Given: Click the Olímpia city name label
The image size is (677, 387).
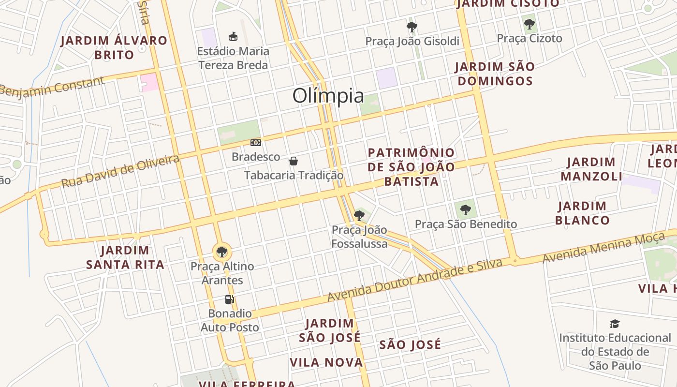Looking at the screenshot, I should (x=328, y=96).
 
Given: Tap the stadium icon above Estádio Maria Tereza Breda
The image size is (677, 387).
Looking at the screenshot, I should (x=233, y=36).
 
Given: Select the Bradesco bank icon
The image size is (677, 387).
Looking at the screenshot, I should (x=256, y=143).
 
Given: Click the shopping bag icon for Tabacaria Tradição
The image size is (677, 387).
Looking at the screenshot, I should (x=294, y=161).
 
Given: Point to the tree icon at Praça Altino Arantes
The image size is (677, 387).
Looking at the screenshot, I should (x=222, y=252).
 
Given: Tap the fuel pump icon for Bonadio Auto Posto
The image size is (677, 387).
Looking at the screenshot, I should (x=230, y=299).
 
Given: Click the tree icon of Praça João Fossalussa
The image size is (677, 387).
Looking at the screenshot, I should (x=359, y=215).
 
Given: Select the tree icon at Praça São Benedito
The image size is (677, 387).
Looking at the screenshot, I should (x=466, y=210).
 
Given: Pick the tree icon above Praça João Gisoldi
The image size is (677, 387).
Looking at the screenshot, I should (x=412, y=27).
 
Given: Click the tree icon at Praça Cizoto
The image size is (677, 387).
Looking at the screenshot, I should (x=530, y=24).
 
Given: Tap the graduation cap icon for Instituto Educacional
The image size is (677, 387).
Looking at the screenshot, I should (x=615, y=324).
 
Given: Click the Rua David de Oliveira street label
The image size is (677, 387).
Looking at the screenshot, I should (x=120, y=171).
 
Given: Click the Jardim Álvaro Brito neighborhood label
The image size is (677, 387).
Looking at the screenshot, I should (x=114, y=47).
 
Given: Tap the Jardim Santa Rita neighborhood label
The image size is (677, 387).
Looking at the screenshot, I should (x=125, y=257).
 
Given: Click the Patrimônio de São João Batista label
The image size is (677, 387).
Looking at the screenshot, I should (x=412, y=167).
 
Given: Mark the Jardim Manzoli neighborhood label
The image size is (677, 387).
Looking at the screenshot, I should (x=591, y=169).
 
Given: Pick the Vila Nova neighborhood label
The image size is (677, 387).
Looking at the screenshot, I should (x=326, y=362).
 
